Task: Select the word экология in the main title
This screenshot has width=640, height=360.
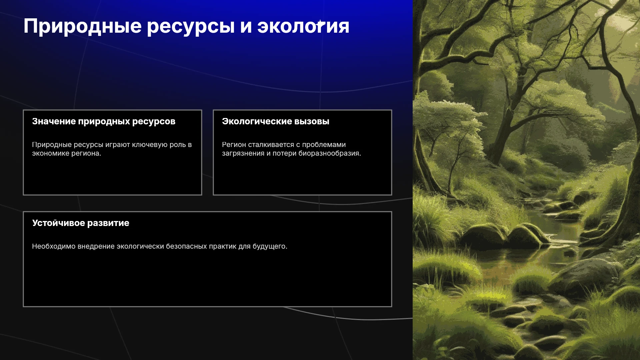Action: pos(303,26)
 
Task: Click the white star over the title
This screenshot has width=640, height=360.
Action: pos(320,24)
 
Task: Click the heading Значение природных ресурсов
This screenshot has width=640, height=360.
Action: pos(104,122)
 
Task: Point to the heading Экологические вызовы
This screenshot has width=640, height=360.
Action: pos(276,121)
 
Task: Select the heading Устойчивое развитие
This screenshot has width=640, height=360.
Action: pos(81,223)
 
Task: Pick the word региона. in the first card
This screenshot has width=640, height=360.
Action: pos(85,154)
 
